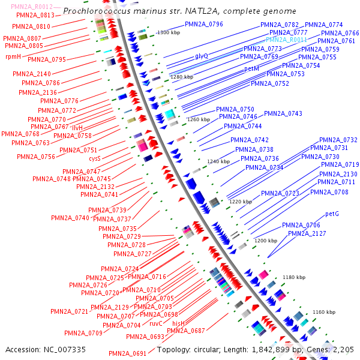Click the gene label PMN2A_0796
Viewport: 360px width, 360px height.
click(204, 25)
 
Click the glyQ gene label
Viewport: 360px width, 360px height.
click(202, 55)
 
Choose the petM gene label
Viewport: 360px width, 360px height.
click(251, 69)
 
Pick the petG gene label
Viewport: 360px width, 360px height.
click(332, 214)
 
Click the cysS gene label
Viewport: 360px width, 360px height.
click(95, 158)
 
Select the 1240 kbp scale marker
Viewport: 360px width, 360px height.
click(218, 161)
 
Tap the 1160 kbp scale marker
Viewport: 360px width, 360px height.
click(323, 313)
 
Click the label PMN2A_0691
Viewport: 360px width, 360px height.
click(128, 353)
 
